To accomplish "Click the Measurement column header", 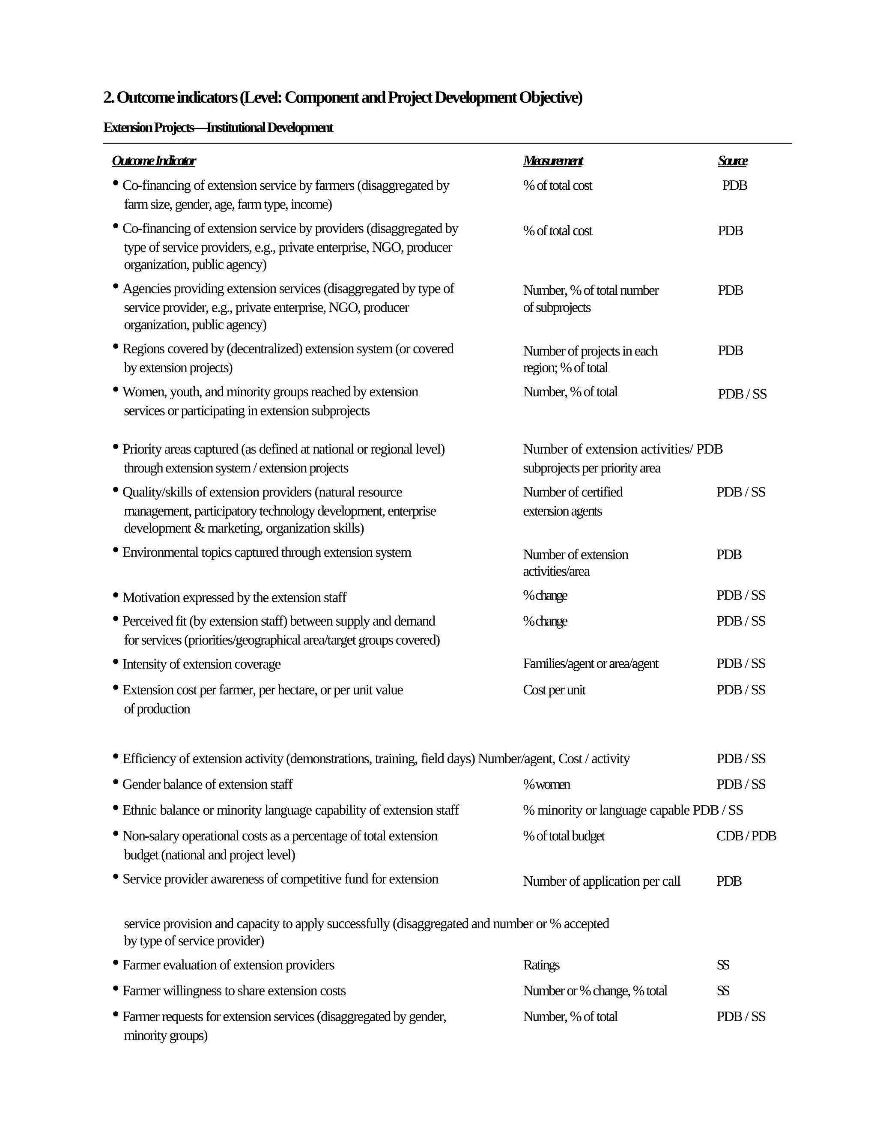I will [553, 161].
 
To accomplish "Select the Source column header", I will [733, 161].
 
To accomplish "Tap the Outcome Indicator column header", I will [154, 161].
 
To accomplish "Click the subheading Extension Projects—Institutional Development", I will [218, 128].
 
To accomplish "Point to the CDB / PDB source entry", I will [746, 836].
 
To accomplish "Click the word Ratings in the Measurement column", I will [541, 965].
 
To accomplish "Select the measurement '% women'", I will [546, 784].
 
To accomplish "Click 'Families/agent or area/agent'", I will [590, 663].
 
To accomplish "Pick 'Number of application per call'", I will [601, 881].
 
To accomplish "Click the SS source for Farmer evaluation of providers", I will [723, 965].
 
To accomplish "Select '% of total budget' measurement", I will [564, 836].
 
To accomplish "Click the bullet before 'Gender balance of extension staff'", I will [115, 782].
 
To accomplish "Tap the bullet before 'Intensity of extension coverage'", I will [115, 662].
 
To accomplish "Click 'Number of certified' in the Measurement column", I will [573, 492].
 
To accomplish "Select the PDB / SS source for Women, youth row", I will [742, 394].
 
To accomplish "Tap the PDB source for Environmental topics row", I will [729, 555].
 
